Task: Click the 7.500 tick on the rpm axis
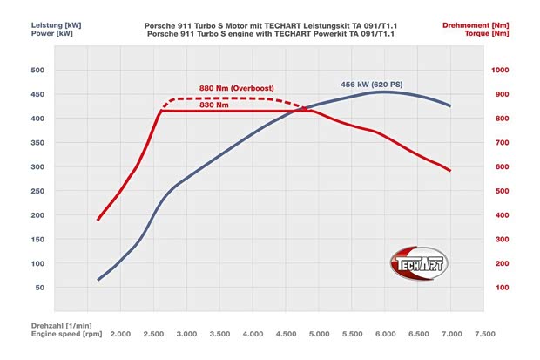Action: pos(484,334)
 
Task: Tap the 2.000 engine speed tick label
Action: pos(120,334)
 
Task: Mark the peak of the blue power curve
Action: pos(383,92)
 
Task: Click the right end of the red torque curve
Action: pos(450,171)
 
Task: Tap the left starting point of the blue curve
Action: pos(98,280)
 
